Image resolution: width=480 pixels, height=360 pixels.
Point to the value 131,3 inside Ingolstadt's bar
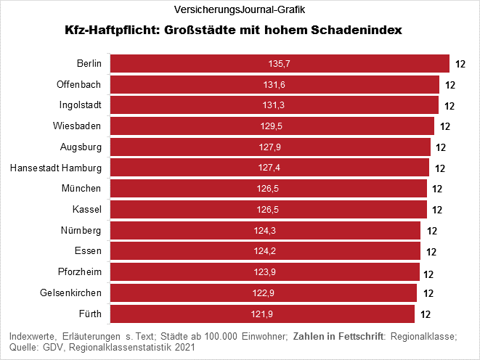coord(273,106)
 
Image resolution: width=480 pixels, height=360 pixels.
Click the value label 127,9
coord(270,147)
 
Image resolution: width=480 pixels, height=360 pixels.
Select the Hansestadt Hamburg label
coord(56,168)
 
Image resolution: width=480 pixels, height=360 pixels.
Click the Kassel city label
coord(86,210)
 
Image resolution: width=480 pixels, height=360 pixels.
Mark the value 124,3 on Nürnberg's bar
coord(266,231)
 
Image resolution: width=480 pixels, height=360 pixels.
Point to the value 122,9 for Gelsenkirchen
coord(263,293)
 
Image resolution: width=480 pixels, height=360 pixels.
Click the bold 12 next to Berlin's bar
coord(460,65)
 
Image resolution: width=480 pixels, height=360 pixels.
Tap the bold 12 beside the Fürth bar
coord(426,315)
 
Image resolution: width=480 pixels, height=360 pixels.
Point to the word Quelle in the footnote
coord(24,348)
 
